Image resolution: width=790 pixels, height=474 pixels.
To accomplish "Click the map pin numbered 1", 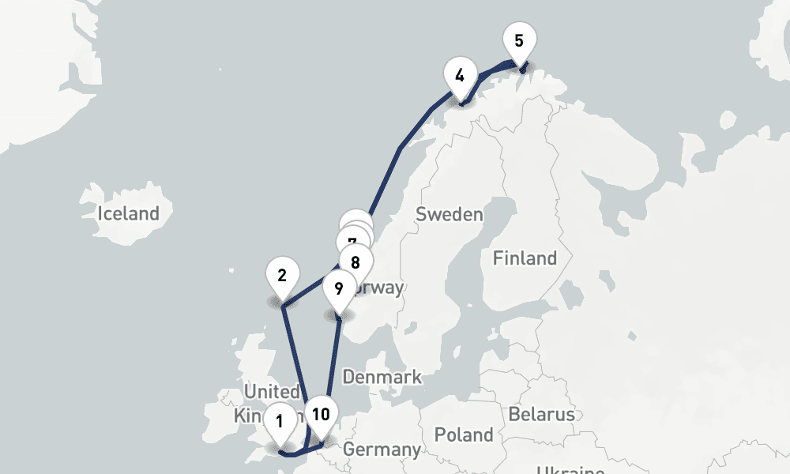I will (280, 420).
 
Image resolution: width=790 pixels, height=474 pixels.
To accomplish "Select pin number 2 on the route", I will (282, 276).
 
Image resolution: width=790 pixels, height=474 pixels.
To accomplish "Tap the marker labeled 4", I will (459, 76).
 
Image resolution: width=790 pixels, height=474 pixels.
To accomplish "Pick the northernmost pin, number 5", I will (518, 40).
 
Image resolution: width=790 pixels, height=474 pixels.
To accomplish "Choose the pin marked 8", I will (355, 261).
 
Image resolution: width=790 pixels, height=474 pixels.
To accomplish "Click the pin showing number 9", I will (339, 288).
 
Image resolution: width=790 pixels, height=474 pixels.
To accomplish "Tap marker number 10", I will (321, 414).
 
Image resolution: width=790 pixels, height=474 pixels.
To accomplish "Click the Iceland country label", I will (128, 213).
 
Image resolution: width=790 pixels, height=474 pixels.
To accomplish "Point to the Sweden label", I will (449, 214).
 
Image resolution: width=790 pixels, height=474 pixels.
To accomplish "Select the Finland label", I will (525, 258).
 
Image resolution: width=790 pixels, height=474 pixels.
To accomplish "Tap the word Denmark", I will (382, 377).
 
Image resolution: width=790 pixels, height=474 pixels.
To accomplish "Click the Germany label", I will (382, 450).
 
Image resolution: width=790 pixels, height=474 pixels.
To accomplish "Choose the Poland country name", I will (464, 434).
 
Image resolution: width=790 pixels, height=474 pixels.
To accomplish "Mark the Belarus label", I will (542, 414).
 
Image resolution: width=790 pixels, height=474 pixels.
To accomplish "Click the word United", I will (272, 391).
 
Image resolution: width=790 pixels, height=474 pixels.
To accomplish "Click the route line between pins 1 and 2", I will (295, 355).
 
